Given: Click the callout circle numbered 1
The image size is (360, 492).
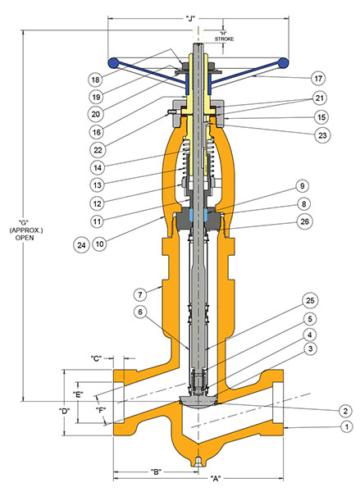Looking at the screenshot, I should point(347,427).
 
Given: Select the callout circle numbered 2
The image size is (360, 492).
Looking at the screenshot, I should point(347,409).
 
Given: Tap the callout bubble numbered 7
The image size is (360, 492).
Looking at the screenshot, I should point(140,293).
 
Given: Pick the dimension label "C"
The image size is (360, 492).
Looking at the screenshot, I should point(97,359).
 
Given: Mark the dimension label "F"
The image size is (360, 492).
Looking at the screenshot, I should point(100,409).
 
